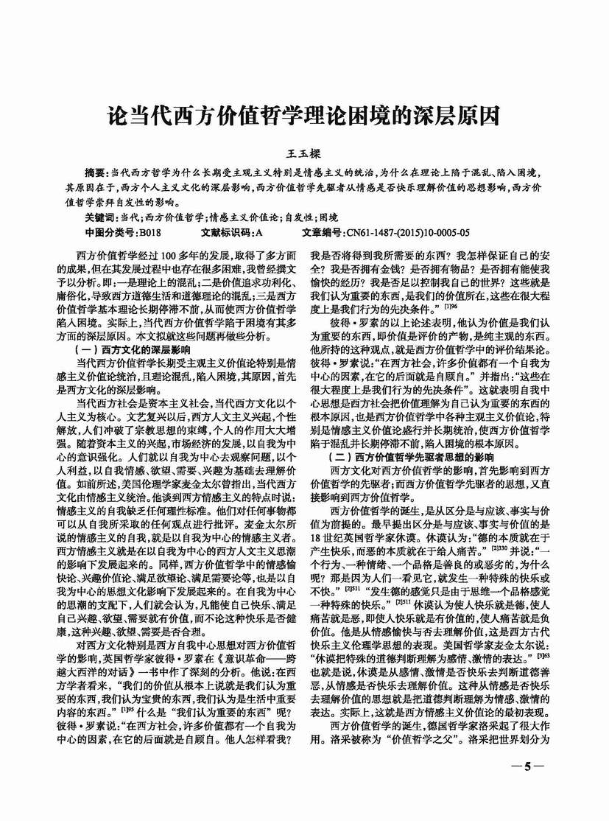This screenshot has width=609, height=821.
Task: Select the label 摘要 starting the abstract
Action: pyautogui.click(x=96, y=170)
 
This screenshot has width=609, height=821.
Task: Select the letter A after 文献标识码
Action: pyautogui.click(x=258, y=233)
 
